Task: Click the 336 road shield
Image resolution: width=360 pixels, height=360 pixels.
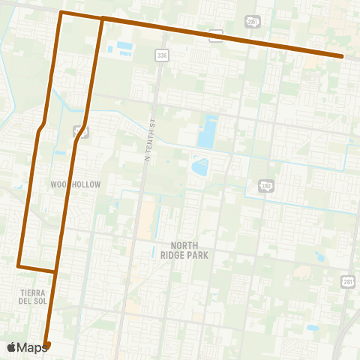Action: (162, 55)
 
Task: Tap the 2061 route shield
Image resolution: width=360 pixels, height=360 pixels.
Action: (253, 22)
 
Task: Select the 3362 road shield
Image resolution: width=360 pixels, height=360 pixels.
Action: (265, 185)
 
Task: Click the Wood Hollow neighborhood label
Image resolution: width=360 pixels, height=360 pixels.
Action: (75, 184)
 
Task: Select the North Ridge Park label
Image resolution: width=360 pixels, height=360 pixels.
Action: (189, 250)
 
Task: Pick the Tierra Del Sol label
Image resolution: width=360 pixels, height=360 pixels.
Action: (21, 295)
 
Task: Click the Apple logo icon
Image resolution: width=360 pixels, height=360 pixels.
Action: (12, 346)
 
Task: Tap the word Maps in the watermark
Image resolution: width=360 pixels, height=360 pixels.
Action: (33, 346)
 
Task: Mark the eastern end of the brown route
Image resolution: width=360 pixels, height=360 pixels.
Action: (342, 56)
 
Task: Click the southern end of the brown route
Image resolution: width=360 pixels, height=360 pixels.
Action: (47, 345)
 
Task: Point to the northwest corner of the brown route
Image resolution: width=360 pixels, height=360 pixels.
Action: (61, 13)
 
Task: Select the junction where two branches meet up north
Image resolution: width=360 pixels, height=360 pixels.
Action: (102, 18)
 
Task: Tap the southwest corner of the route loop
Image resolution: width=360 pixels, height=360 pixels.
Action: (18, 265)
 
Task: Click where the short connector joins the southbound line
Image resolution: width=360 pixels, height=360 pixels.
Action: (55, 270)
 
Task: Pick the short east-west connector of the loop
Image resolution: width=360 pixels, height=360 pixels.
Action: (37, 268)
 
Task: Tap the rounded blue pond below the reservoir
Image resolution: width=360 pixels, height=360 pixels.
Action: (200, 165)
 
